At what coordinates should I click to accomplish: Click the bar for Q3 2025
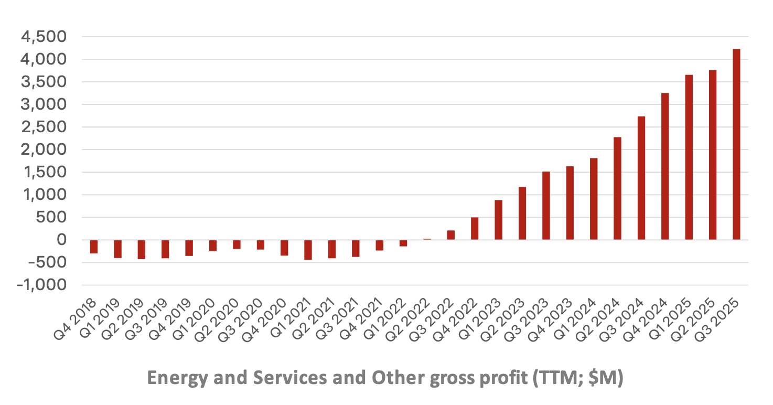pyautogui.click(x=736, y=144)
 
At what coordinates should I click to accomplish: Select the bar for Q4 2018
pyautogui.click(x=94, y=247)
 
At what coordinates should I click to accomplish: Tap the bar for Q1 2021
pyautogui.click(x=308, y=250)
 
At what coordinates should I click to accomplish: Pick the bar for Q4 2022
pyautogui.click(x=475, y=229)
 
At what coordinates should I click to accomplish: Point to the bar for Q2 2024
pyautogui.click(x=617, y=188)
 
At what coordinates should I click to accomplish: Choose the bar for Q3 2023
pyautogui.click(x=546, y=206)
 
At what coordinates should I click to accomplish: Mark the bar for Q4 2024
pyautogui.click(x=665, y=166)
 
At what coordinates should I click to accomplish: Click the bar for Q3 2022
pyautogui.click(x=451, y=235)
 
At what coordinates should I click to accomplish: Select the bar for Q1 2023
pyautogui.click(x=498, y=220)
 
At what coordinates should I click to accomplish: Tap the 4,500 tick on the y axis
pyautogui.click(x=44, y=37)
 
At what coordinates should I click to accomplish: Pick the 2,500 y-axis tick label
pyautogui.click(x=44, y=127)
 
